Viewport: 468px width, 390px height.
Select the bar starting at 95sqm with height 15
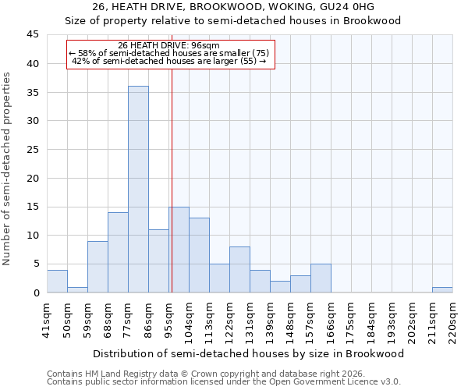pyautogui.click(x=179, y=250)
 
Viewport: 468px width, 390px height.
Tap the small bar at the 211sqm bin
pyautogui.click(x=442, y=290)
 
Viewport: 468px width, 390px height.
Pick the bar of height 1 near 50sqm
pyautogui.click(x=77, y=290)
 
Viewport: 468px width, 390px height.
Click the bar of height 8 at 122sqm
pyautogui.click(x=239, y=270)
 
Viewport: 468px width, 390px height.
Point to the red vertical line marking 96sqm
pyautogui.click(x=171, y=179)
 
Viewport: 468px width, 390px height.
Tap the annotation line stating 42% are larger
pyautogui.click(x=169, y=61)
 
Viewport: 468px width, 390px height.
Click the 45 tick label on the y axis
pyautogui.click(x=33, y=35)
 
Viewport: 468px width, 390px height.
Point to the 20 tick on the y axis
pyautogui.click(x=33, y=179)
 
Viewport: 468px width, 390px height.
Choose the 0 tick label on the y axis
pyautogui.click(x=36, y=293)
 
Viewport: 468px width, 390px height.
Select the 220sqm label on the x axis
pyautogui.click(x=452, y=317)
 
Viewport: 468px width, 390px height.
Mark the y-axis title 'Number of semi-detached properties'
pyautogui.click(x=8, y=168)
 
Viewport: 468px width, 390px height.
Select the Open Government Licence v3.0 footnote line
pyautogui.click(x=224, y=382)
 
